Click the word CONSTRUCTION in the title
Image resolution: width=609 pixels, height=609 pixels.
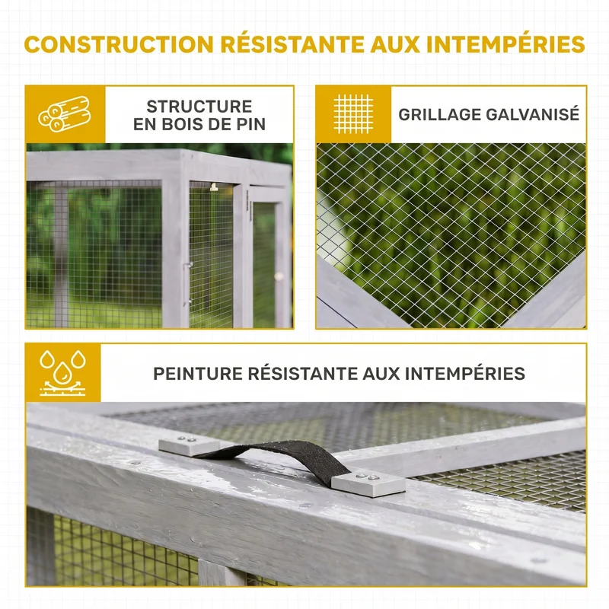pyautogui.click(x=119, y=44)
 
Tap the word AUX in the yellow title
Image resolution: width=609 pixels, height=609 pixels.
pyautogui.click(x=395, y=44)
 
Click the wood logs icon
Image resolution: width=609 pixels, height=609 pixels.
pyautogui.click(x=65, y=113)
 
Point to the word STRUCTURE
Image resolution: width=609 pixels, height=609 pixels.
pyautogui.click(x=199, y=107)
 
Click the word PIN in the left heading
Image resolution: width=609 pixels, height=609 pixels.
pyautogui.click(x=250, y=124)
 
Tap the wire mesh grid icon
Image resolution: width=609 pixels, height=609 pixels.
pyautogui.click(x=353, y=113)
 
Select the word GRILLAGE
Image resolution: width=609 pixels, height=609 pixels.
pyautogui.click(x=440, y=115)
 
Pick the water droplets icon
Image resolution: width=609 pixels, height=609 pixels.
pyautogui.click(x=62, y=373)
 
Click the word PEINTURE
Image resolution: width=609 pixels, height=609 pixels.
pyautogui.click(x=198, y=374)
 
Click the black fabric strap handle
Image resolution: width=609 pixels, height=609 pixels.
pyautogui.click(x=272, y=458)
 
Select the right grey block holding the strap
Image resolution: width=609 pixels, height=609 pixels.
pyautogui.click(x=368, y=483)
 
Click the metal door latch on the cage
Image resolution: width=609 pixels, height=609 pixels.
pyautogui.click(x=187, y=282)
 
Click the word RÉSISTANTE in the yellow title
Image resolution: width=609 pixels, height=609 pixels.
pyautogui.click(x=292, y=44)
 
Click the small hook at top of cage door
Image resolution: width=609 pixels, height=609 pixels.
pyautogui.click(x=214, y=187)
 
